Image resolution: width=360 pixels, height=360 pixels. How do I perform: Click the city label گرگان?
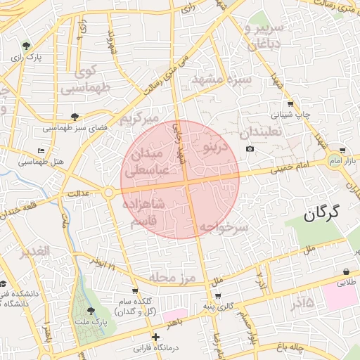pyautogui.click(x=322, y=212)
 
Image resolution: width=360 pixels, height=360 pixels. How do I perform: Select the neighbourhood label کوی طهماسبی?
pyautogui.click(x=86, y=79)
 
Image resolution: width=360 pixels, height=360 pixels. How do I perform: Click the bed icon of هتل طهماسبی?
pyautogui.click(x=41, y=151)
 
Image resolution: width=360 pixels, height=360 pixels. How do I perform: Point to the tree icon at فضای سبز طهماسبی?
pyautogui.click(x=75, y=117)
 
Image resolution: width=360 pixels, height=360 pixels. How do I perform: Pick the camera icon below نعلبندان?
pyautogui.click(x=250, y=149)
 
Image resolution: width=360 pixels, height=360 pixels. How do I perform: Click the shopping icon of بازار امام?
pyautogui.click(x=342, y=150)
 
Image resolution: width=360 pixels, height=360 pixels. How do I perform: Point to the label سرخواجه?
pyautogui.click(x=224, y=227)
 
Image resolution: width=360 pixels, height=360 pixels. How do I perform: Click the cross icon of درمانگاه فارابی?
pyautogui.click(x=155, y=337)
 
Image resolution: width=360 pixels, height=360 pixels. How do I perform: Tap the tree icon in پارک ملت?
pyautogui.click(x=89, y=310)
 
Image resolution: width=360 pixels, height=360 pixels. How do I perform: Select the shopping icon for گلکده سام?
pyautogui.click(x=134, y=290)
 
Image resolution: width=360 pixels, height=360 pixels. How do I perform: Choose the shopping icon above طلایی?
pyautogui.click(x=347, y=272)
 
